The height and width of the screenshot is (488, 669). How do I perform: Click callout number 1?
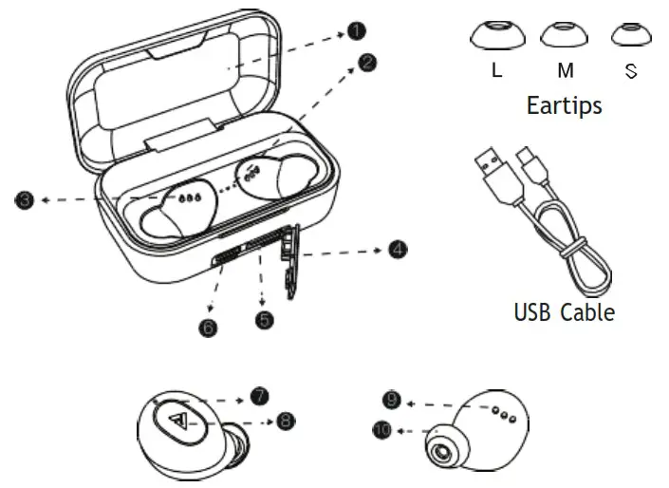(x=355, y=31)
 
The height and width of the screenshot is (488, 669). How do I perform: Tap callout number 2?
(x=368, y=63)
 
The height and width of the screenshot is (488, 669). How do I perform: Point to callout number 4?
(x=398, y=250)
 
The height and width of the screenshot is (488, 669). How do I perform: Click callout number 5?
(x=265, y=320)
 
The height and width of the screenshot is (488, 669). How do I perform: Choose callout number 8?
(x=286, y=419)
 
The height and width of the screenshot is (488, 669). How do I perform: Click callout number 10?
(x=381, y=430)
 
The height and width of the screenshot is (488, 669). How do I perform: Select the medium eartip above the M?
(x=565, y=35)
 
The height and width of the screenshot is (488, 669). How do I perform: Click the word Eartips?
(x=564, y=104)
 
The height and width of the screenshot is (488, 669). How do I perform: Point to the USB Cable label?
(x=564, y=311)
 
